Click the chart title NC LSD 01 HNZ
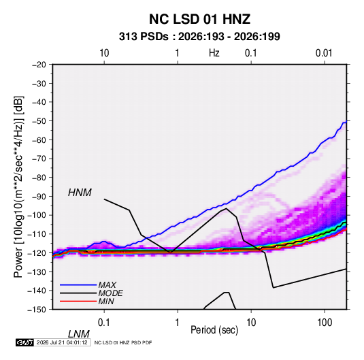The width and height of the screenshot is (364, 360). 199,19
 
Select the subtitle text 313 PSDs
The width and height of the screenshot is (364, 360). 144,37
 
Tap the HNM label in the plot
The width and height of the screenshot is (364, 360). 80,193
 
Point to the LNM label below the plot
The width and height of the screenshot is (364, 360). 79,334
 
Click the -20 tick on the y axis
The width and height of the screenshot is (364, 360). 39,65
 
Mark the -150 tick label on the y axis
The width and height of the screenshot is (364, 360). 37,310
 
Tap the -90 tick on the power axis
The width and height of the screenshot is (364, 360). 39,197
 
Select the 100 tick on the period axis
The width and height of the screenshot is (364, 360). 325,323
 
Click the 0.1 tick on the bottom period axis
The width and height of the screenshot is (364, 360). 104,323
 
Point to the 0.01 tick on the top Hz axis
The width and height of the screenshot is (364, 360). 324,53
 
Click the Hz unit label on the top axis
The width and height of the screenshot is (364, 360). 214,53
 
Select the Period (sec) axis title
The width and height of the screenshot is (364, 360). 214,330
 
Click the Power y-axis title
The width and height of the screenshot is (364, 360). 18,187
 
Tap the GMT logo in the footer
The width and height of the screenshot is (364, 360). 25,342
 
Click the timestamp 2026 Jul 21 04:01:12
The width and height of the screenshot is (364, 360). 62,342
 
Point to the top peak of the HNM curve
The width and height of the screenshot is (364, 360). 226,208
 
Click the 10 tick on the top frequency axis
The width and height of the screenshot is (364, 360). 104,53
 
